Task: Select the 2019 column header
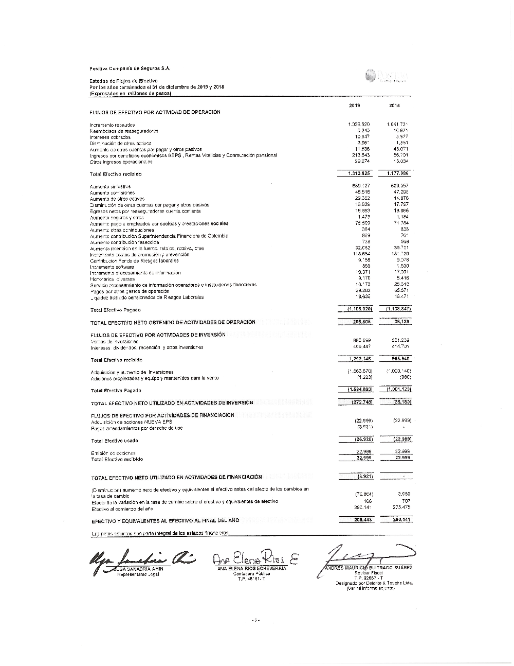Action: click(x=355, y=106)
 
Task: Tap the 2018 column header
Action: click(x=394, y=106)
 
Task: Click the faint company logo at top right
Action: click(x=386, y=77)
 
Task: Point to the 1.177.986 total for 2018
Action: click(x=399, y=173)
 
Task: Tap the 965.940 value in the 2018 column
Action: click(x=400, y=359)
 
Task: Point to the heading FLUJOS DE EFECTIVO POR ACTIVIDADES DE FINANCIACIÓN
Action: click(x=163, y=415)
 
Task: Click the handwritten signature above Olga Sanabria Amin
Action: click(x=139, y=557)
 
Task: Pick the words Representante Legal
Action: click(x=138, y=574)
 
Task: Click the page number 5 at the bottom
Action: click(x=255, y=620)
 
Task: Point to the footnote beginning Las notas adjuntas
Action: click(x=160, y=533)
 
